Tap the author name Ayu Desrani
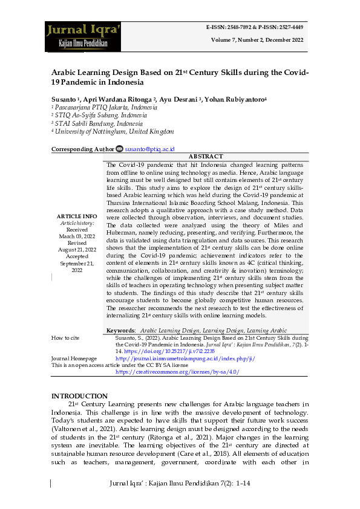point(178,99)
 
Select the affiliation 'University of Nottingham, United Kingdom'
point(114,131)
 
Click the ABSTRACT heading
point(206,157)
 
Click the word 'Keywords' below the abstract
point(120,331)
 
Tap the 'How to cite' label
point(65,338)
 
